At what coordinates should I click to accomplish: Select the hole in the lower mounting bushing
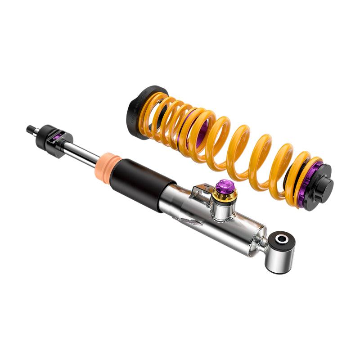282,239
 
